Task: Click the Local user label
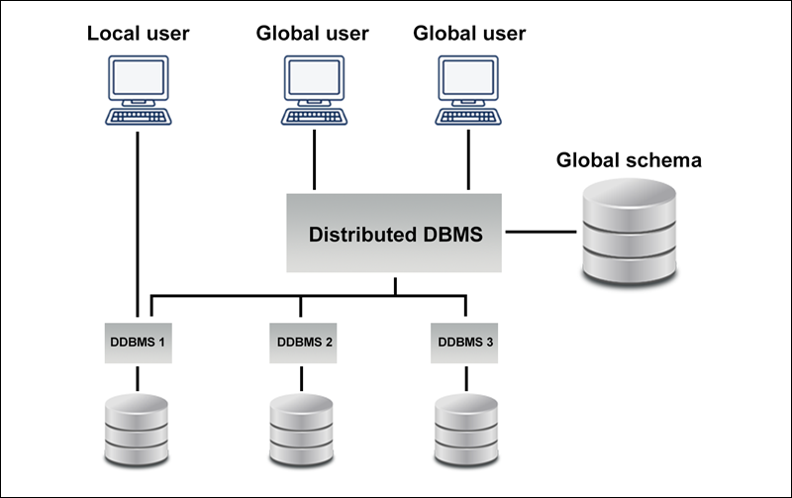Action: click(x=138, y=34)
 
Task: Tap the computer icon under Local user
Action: click(x=138, y=89)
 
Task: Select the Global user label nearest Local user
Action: click(x=313, y=34)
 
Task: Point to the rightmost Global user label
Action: click(x=468, y=34)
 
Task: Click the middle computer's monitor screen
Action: click(x=314, y=78)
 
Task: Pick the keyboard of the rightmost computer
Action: click(x=468, y=116)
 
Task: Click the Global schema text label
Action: click(x=629, y=159)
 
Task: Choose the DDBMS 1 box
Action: click(x=137, y=343)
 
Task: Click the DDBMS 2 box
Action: click(x=301, y=343)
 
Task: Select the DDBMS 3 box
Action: click(x=464, y=343)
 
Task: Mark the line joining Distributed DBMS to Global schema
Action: click(x=541, y=234)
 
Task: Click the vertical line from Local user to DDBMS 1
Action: click(x=137, y=218)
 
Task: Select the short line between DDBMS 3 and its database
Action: click(x=465, y=379)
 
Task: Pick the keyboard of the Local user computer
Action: click(x=138, y=116)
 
